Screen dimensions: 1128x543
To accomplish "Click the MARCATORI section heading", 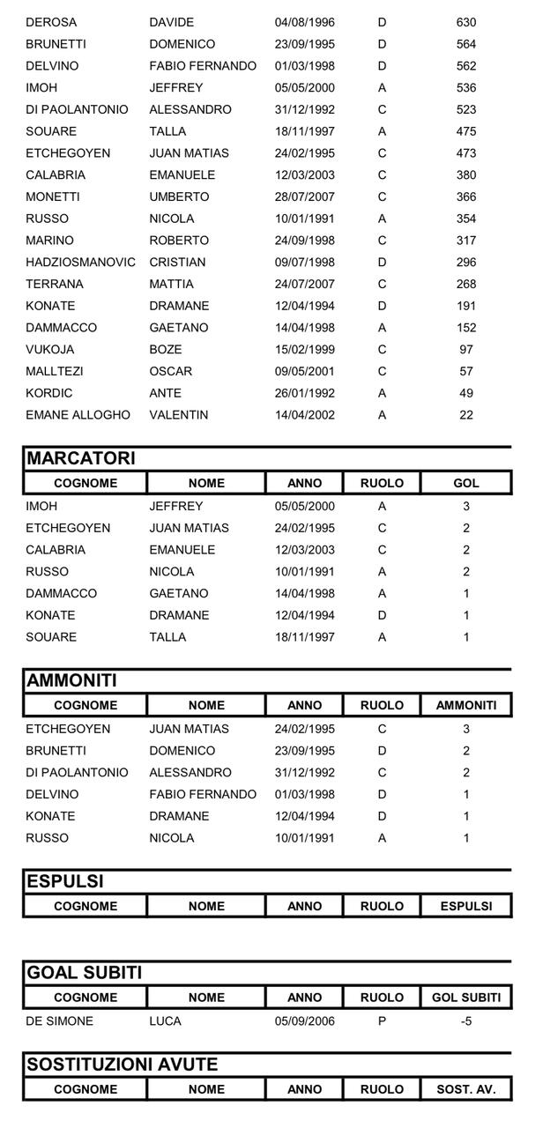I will (81, 458).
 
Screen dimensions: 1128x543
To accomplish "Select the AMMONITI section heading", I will (72, 680).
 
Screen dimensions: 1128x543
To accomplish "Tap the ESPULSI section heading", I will (65, 881).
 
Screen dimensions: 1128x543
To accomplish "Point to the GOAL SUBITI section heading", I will (85, 973).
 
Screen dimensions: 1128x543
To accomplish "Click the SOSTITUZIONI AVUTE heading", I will (123, 1065).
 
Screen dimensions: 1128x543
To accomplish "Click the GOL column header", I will (466, 483).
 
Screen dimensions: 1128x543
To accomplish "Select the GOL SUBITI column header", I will (466, 998).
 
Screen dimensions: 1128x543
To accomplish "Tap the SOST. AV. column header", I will (466, 1089).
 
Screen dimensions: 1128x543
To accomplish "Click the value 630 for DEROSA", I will (466, 22).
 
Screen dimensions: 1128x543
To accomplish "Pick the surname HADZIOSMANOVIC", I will (81, 262).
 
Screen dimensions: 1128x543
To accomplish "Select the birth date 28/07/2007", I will (305, 197).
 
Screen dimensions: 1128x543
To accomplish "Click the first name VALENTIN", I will (179, 414).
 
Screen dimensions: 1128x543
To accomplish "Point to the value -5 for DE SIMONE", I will (466, 1021).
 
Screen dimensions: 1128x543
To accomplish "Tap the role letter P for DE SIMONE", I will (382, 1021).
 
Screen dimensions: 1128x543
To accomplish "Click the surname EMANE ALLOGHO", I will (78, 414).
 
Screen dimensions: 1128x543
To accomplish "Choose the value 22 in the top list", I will (466, 414).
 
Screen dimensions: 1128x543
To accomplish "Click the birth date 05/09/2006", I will (305, 1021).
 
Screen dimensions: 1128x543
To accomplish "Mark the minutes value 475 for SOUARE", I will (466, 131).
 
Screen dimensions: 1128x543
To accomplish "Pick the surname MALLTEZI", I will (55, 371).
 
